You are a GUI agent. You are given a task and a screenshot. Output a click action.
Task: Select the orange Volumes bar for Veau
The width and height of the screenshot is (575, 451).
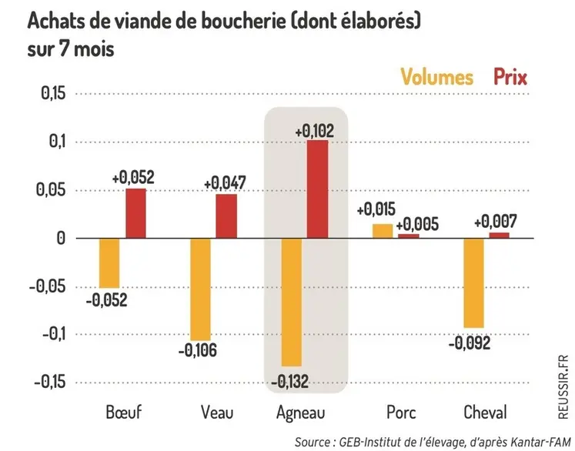coord(200,289)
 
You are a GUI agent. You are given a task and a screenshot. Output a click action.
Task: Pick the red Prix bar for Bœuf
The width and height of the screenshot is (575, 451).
coord(135,213)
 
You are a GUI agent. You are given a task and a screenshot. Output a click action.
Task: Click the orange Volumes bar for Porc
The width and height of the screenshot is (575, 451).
coord(383,231)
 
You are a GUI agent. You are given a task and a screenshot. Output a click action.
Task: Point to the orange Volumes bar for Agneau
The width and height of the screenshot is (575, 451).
coord(291,302)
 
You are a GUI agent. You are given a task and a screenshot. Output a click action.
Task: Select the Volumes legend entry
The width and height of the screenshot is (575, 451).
coord(436,77)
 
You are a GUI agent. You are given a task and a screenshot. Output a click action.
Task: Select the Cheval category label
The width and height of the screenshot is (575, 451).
coord(485,413)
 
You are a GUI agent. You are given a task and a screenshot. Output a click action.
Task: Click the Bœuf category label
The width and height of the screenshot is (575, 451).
coord(123,413)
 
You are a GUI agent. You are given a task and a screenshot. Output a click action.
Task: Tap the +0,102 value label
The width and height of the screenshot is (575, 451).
coord(315,131)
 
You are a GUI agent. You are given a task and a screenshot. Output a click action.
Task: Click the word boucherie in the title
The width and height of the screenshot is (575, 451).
coord(233,21)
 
